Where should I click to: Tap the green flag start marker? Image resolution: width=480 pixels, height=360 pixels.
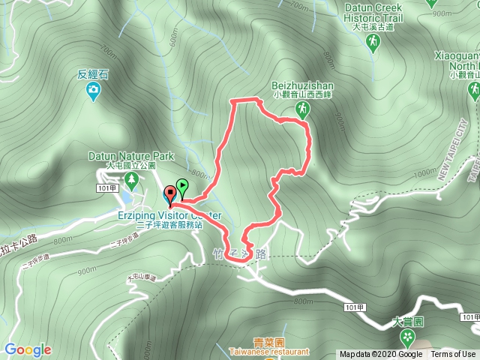[181, 187]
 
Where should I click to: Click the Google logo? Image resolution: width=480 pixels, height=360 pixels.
[28, 349]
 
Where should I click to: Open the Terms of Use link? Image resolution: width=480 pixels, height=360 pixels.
[452, 355]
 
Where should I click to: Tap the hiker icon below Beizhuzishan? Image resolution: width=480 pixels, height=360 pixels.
[301, 110]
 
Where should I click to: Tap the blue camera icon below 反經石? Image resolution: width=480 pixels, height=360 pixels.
[92, 91]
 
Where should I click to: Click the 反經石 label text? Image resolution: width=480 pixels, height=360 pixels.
[93, 75]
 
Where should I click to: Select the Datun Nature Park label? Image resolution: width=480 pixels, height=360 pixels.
[130, 156]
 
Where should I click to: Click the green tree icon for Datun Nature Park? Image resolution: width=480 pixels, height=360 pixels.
[132, 180]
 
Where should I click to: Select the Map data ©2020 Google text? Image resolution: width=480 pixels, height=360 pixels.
[380, 355]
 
